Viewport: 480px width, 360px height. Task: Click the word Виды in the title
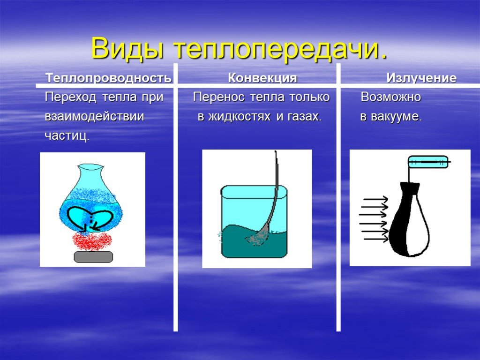(x=127, y=49)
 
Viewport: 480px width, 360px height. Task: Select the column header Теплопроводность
(x=109, y=78)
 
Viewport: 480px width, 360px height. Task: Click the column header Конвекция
(x=262, y=78)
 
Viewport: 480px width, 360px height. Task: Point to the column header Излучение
(x=421, y=78)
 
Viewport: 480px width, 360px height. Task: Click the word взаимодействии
(x=94, y=117)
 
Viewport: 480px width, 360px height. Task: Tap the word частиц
(x=67, y=135)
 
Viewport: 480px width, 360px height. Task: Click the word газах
(x=305, y=117)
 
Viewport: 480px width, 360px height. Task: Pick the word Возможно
(x=390, y=97)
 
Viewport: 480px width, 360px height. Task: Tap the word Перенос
(x=218, y=97)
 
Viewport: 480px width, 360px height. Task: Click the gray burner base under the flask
(x=93, y=257)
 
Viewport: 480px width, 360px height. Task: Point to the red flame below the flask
(x=91, y=241)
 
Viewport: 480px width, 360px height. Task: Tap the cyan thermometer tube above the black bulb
(x=428, y=162)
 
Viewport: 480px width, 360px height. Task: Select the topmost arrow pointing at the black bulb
(x=375, y=199)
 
